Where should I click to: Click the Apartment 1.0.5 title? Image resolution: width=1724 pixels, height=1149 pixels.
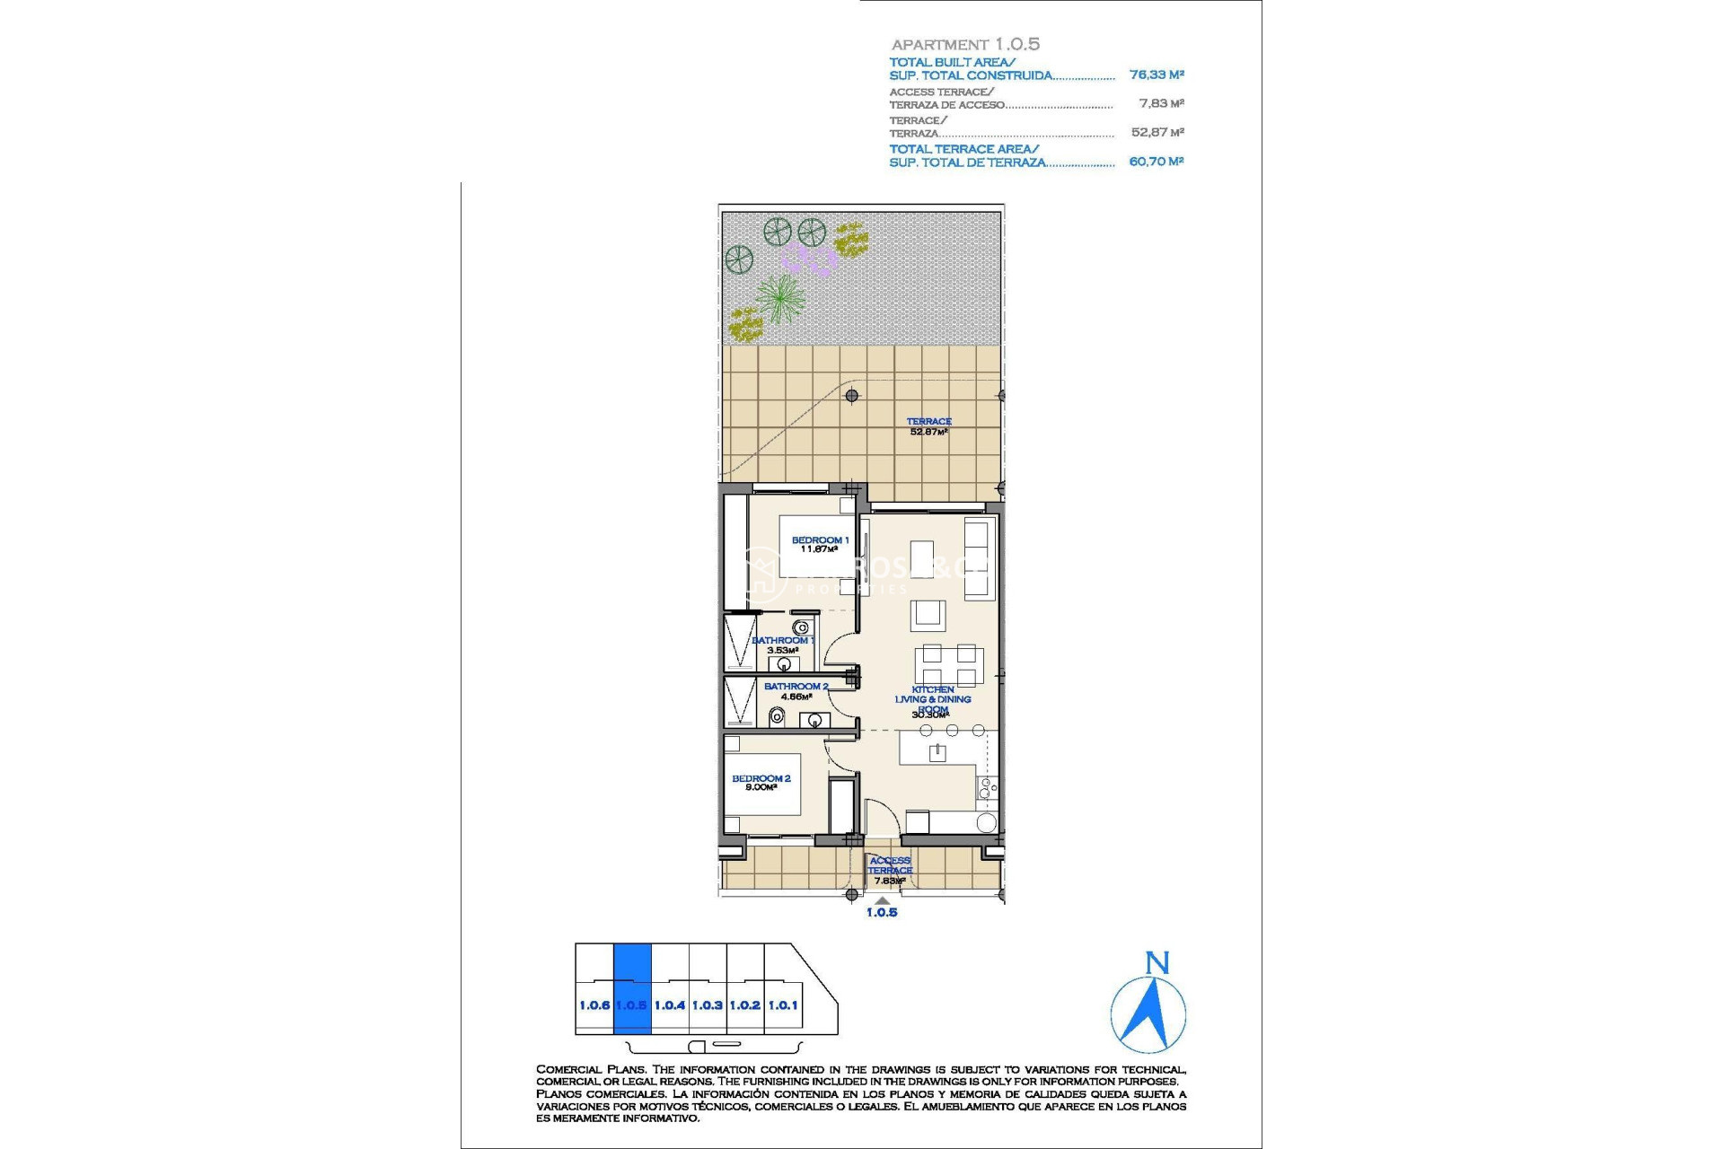tap(965, 44)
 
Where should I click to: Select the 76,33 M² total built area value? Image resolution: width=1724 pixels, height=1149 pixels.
tap(1157, 75)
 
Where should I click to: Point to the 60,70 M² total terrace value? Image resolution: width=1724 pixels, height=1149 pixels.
tap(1157, 162)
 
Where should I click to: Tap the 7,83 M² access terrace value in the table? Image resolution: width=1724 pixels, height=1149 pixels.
tap(1161, 104)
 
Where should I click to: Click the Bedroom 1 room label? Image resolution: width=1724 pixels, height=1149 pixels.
tap(819, 544)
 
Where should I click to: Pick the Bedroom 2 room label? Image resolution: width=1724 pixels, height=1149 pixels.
tap(761, 783)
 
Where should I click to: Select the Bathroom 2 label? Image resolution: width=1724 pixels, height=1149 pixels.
tap(796, 690)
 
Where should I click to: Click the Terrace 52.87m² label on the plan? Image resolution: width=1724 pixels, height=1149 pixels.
tap(928, 426)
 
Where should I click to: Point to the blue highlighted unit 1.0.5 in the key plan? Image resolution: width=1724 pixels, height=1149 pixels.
tap(631, 987)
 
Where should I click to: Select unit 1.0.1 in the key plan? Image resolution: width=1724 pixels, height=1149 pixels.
tap(783, 1005)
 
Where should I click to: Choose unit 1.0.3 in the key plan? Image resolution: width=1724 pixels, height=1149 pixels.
tap(708, 1005)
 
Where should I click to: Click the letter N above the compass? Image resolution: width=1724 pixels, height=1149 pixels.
tap(1157, 964)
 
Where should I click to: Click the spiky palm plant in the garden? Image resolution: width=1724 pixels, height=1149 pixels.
tap(779, 297)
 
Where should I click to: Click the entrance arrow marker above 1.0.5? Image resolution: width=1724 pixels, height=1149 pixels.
tap(883, 900)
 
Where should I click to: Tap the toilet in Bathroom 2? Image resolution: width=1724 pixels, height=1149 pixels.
tap(778, 716)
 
